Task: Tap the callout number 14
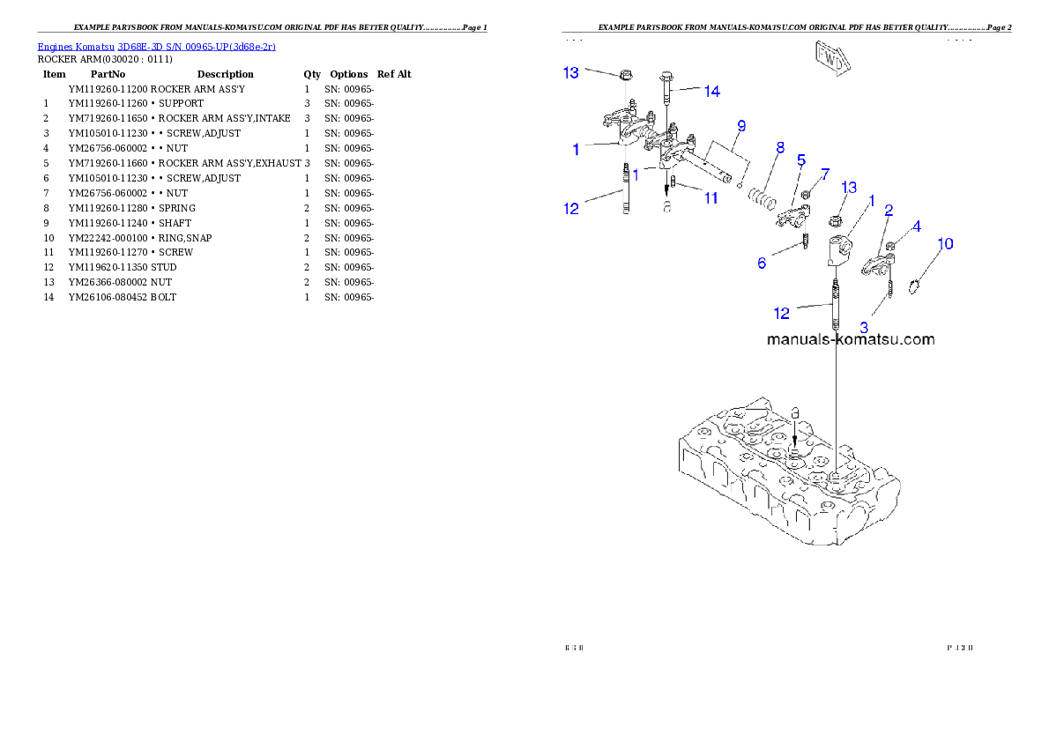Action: point(711,91)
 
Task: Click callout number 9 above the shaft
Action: point(741,126)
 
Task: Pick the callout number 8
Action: point(780,148)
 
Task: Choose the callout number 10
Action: point(944,243)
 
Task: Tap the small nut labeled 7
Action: point(805,192)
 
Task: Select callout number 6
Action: point(762,263)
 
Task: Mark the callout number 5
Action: point(800,160)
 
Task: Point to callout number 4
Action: point(916,226)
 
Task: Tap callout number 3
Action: point(863,326)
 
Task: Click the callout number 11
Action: point(710,198)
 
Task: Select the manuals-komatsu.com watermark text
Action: point(850,339)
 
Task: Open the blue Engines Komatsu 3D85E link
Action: point(156,46)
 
